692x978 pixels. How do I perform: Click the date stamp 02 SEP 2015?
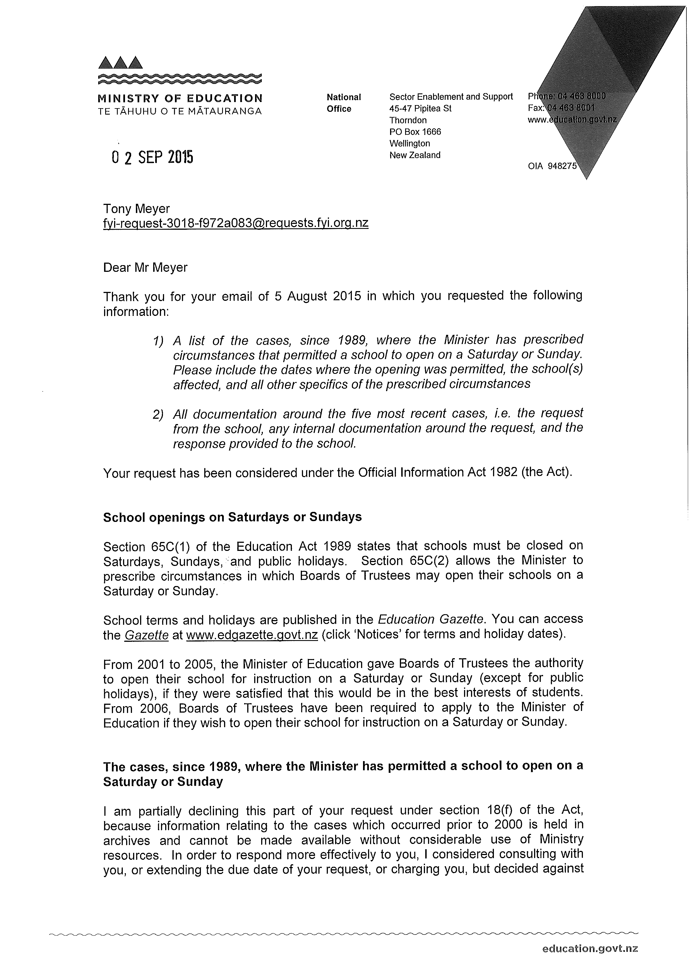click(x=152, y=158)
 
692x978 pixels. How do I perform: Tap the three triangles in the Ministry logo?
click(x=120, y=63)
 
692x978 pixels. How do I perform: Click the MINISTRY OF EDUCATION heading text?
click(x=180, y=98)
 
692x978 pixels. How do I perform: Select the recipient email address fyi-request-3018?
click(x=236, y=223)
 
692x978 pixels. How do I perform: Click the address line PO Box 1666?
click(x=415, y=132)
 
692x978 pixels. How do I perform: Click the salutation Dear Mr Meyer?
click(x=145, y=268)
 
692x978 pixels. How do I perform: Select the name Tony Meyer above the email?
click(x=136, y=209)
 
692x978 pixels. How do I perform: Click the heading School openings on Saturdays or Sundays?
click(x=232, y=517)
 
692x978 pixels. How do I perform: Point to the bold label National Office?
click(x=344, y=103)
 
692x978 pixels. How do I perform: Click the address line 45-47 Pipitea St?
click(x=421, y=108)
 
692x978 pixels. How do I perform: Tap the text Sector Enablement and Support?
click(x=451, y=97)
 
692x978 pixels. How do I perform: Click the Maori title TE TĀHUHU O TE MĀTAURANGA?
click(x=180, y=112)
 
